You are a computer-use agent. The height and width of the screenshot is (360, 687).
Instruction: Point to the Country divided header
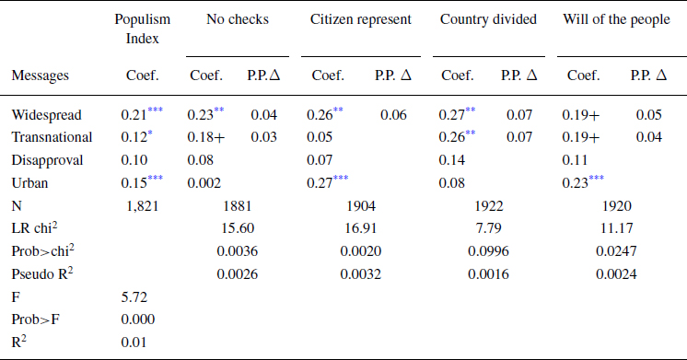point(488,19)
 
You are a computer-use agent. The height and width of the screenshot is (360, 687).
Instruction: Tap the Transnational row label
point(52,137)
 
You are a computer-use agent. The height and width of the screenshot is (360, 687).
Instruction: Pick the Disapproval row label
point(47,159)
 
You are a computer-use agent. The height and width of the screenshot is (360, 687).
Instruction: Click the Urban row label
point(29,182)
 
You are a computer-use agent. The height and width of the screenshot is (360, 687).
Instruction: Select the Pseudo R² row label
point(43,273)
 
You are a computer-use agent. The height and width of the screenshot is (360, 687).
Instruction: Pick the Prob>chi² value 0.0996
point(488,250)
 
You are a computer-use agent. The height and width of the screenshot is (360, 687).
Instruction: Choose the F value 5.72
point(134,297)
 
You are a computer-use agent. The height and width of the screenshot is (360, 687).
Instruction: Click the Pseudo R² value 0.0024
point(613,273)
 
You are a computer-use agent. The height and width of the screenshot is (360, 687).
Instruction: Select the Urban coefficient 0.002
point(205,182)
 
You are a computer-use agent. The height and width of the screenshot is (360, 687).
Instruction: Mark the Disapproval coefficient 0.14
point(452,159)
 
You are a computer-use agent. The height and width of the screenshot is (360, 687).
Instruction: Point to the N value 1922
point(488,204)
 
